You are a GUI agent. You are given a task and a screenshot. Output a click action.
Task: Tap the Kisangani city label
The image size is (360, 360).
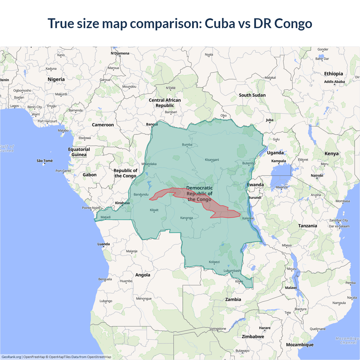(212, 160)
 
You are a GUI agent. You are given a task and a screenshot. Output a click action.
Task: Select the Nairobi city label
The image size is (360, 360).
(317, 175)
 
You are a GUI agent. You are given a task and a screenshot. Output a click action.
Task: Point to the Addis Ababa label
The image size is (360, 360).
(334, 82)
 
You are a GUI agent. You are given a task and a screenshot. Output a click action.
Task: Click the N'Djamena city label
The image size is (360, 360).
(120, 53)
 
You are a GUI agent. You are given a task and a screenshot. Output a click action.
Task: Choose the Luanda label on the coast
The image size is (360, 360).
(103, 244)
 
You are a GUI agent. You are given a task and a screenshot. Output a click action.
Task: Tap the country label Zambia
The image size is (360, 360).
(233, 299)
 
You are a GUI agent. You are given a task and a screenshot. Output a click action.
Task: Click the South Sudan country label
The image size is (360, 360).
(252, 95)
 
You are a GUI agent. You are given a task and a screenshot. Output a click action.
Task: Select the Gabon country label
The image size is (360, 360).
(89, 175)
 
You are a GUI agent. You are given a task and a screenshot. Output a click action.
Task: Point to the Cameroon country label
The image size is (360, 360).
(103, 125)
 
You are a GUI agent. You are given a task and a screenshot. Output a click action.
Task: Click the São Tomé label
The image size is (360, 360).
(45, 161)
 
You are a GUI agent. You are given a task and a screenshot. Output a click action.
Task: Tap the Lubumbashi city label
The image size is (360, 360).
(232, 271)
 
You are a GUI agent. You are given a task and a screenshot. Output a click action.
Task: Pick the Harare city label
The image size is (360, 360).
(265, 328)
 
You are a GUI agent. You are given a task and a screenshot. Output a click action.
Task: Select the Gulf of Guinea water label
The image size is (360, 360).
(7, 148)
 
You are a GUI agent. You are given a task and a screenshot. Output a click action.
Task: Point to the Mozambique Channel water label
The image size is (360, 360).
(348, 340)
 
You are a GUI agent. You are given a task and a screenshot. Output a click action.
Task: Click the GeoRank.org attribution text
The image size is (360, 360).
(11, 357)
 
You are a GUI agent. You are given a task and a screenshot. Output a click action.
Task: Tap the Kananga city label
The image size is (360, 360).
(186, 218)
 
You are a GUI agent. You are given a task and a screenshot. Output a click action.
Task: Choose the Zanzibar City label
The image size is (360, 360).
(339, 220)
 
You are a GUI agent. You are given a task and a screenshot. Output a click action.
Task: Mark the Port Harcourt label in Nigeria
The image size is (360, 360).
(47, 121)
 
